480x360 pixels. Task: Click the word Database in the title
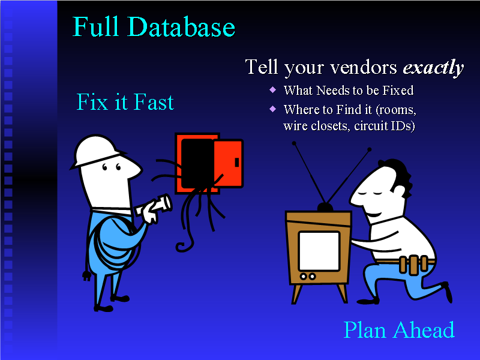tap(181, 28)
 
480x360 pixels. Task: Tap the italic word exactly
tap(433, 68)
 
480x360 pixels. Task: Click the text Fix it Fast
tap(125, 103)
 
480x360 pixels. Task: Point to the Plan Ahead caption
tap(398, 330)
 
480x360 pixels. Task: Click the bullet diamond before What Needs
tap(273, 90)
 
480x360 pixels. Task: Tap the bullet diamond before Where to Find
tap(273, 109)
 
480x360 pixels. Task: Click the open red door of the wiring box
tap(228, 162)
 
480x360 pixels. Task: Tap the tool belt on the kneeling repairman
tap(413, 264)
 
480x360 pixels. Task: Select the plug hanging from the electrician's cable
tap(86, 277)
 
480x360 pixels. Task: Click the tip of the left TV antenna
tap(294, 143)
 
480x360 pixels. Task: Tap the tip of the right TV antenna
tap(369, 149)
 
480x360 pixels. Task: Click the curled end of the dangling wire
tap(182, 244)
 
